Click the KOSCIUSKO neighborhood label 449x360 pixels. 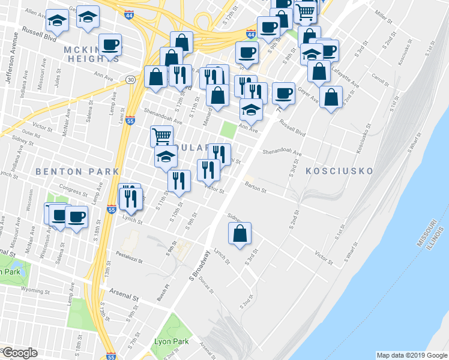(x=340, y=171)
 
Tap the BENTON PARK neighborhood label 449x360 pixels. (x=77, y=172)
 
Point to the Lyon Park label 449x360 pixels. (x=172, y=341)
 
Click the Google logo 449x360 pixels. (x=20, y=353)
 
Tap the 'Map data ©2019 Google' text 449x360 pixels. (x=412, y=355)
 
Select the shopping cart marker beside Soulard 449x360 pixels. (x=161, y=136)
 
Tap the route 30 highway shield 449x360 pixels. (x=131, y=79)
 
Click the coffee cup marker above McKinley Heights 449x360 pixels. (x=110, y=44)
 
